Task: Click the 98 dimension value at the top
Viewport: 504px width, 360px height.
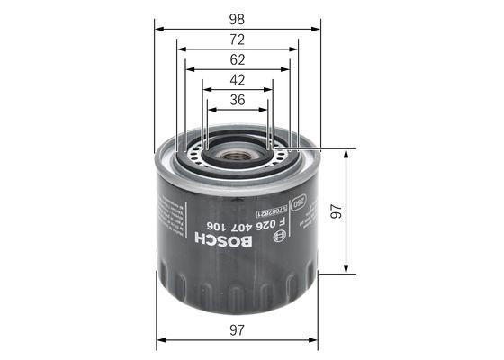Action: tap(238, 18)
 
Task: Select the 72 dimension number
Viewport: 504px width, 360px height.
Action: tap(238, 40)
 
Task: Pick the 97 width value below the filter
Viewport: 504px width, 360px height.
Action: tap(238, 330)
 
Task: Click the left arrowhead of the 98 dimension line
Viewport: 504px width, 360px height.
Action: tap(160, 28)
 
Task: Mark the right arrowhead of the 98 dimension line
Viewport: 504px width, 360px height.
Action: tap(316, 28)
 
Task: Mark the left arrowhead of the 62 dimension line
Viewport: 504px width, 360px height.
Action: tap(189, 69)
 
